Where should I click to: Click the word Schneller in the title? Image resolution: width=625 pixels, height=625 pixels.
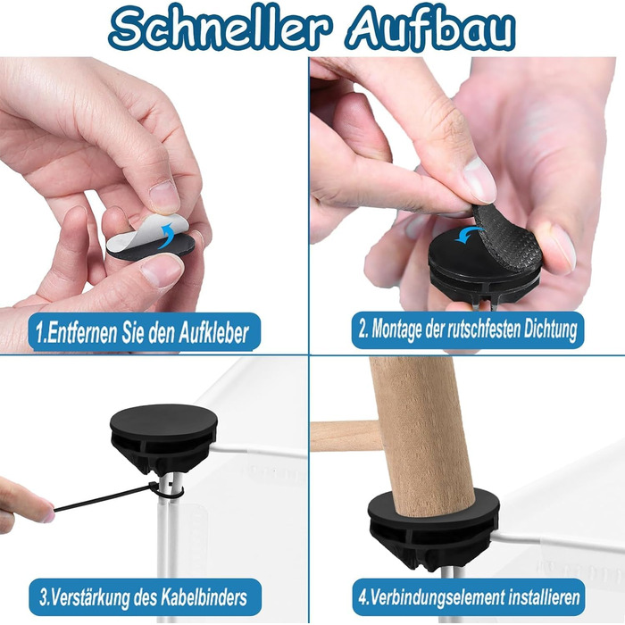point(220,29)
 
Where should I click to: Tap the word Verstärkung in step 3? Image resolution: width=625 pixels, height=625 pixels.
point(85,597)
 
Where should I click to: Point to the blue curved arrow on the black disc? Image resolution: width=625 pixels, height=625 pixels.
point(469,234)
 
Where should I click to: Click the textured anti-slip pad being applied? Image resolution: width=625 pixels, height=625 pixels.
point(508,239)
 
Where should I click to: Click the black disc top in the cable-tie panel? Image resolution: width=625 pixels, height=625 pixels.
point(163,422)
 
